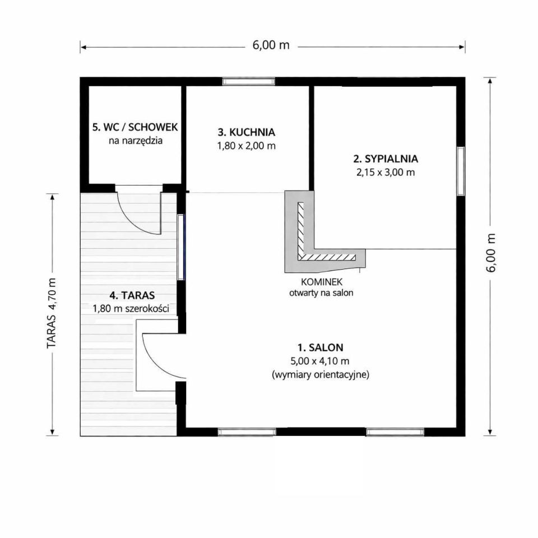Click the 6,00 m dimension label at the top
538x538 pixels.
click(x=271, y=45)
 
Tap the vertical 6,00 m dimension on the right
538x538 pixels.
click(x=491, y=253)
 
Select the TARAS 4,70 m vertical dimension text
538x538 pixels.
click(x=52, y=313)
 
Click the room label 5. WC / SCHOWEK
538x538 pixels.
click(x=135, y=127)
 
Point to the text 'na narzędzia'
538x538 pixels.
click(x=136, y=141)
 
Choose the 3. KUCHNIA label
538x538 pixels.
click(x=247, y=132)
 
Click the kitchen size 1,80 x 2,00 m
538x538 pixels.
click(x=247, y=146)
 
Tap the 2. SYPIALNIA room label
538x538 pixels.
click(x=386, y=159)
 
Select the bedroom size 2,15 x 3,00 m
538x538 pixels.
click(x=386, y=172)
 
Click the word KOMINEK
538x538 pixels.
click(x=322, y=282)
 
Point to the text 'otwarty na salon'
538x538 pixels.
click(x=321, y=293)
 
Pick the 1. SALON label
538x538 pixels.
click(x=321, y=347)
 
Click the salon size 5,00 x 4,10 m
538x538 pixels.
click(x=320, y=361)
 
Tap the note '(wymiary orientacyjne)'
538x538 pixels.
click(x=321, y=374)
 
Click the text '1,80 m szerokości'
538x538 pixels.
click(x=131, y=308)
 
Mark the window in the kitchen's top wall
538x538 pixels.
click(x=249, y=81)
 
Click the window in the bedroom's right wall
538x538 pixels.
click(x=461, y=171)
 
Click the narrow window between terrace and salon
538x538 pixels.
click(x=181, y=247)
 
